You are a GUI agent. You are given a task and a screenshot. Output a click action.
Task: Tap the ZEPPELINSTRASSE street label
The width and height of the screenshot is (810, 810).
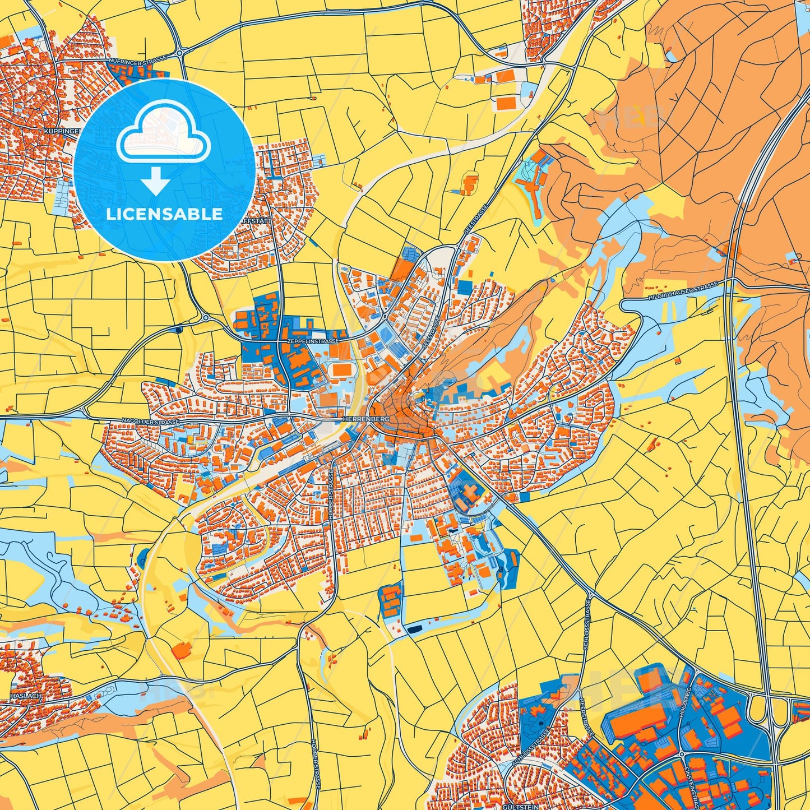coord(312,341)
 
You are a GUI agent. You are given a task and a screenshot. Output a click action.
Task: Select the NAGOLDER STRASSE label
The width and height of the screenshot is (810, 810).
coord(151,421)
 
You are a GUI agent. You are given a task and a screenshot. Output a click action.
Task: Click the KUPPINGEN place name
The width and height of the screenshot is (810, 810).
coord(61,131)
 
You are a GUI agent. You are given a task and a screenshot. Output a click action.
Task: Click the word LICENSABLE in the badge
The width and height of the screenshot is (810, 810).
coord(164,214)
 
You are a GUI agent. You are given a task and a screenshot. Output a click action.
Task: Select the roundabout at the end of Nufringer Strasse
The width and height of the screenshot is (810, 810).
coord(179,53)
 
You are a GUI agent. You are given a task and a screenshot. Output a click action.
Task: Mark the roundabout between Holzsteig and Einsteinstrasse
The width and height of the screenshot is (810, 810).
coord(681,755)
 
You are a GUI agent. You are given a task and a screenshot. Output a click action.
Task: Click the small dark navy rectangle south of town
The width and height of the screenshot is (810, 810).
coord(415,629)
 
